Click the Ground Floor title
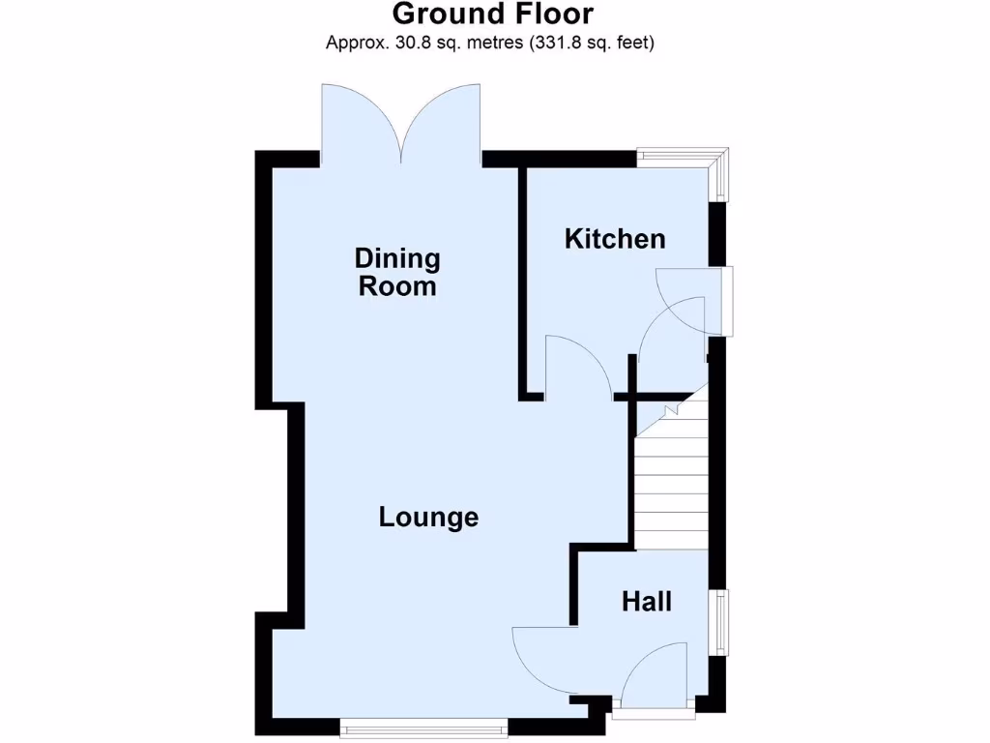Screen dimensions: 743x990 (493, 15)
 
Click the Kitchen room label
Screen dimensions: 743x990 (615, 239)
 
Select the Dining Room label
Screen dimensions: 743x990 (397, 273)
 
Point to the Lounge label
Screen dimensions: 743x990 (428, 518)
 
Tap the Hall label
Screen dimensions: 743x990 (647, 602)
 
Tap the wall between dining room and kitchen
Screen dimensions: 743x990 (524, 281)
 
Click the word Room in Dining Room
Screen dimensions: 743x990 (397, 287)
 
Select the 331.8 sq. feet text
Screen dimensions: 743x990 (591, 43)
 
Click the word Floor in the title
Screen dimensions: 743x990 (552, 15)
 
